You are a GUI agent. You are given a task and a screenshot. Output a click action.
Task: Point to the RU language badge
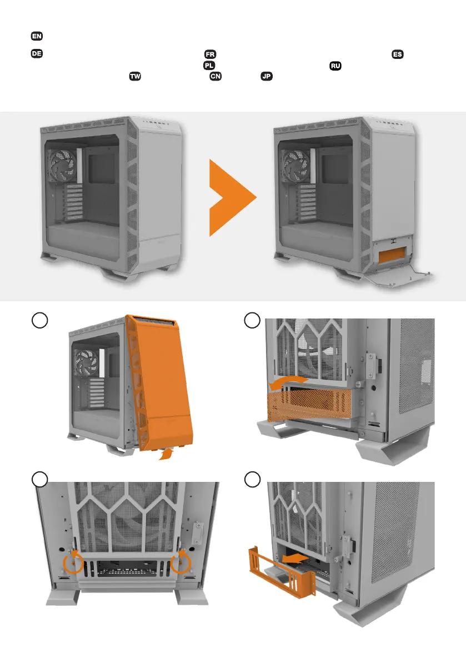click(x=335, y=66)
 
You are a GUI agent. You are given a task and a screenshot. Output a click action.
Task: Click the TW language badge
click(x=135, y=77)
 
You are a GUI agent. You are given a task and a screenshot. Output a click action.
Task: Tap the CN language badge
click(x=215, y=77)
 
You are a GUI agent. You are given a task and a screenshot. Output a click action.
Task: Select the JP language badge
click(x=267, y=77)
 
